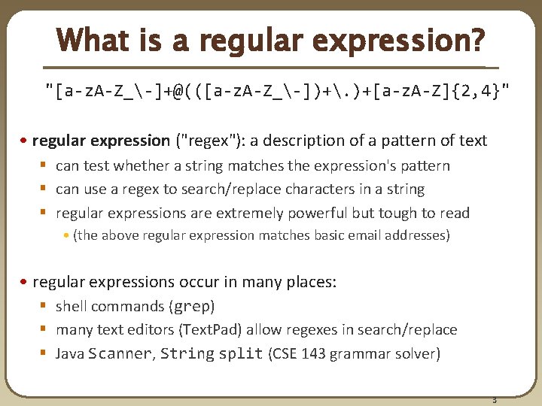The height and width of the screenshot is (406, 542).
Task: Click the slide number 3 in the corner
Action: pos(495,398)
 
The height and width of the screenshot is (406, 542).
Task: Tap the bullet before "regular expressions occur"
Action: pos(26,283)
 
